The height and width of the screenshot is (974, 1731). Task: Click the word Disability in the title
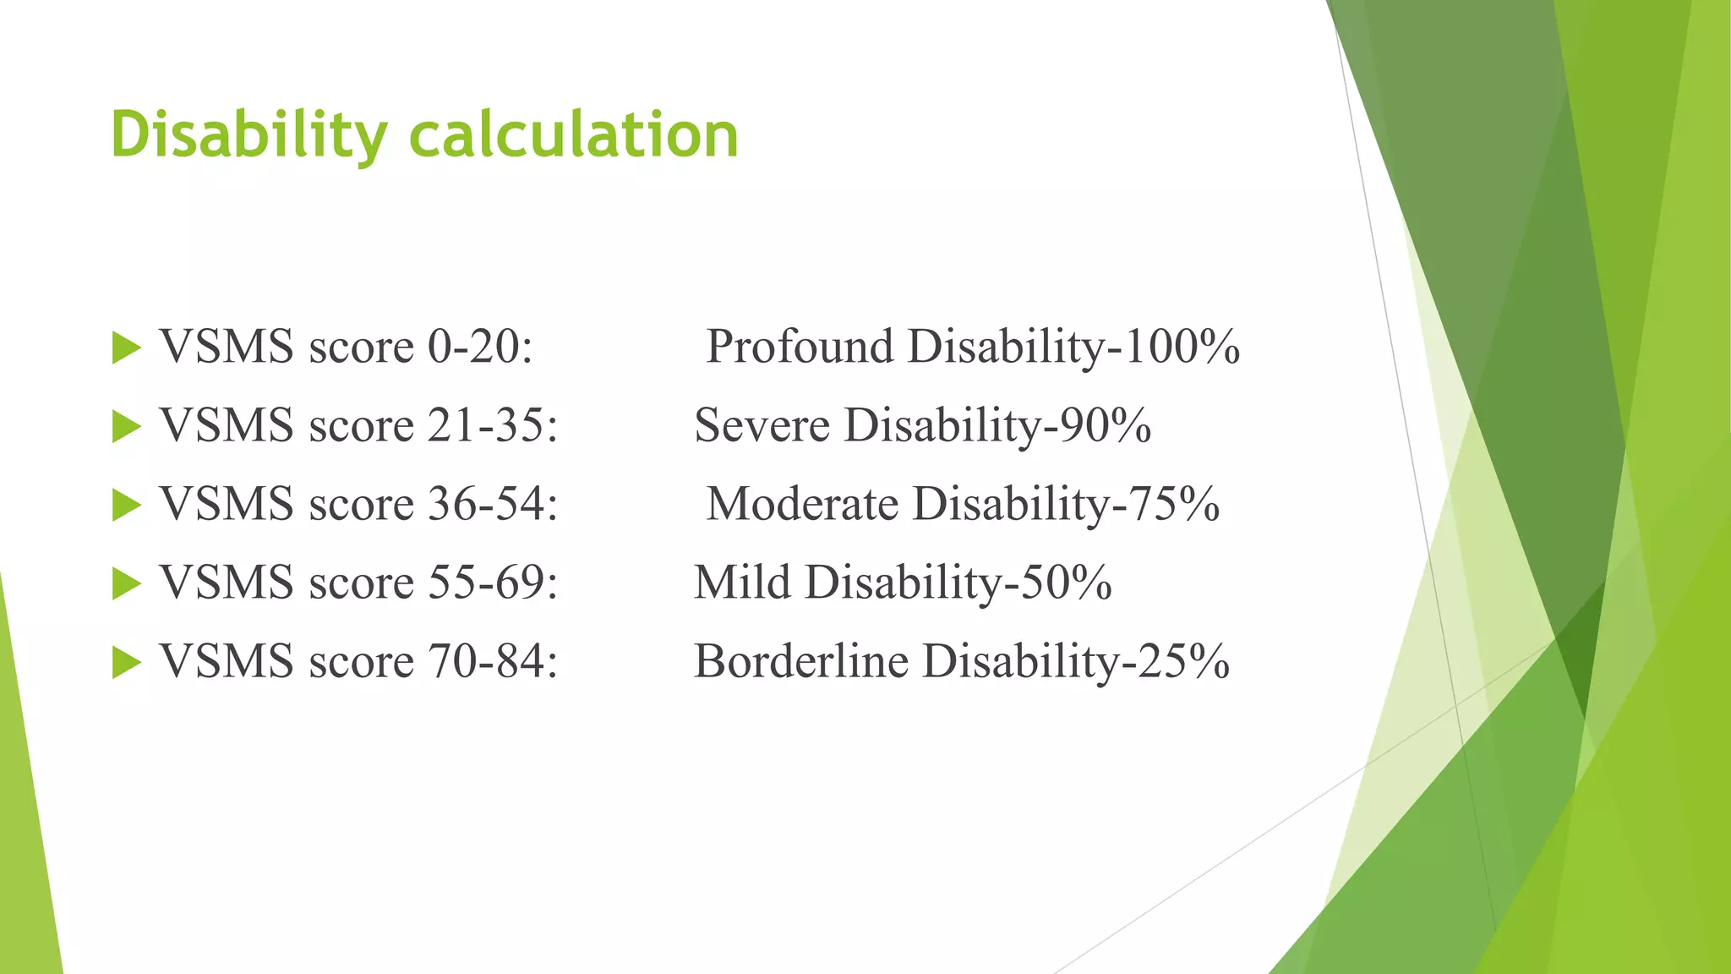pos(248,135)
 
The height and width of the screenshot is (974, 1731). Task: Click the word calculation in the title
pos(574,135)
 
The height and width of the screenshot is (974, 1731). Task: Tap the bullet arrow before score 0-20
pos(126,348)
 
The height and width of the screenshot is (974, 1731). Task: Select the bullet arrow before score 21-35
pos(126,427)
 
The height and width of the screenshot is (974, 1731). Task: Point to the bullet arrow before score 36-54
pos(126,506)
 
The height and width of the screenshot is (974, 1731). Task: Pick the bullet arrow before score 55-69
pos(126,584)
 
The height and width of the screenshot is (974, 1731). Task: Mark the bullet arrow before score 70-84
pos(126,663)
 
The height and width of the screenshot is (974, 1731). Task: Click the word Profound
pos(800,347)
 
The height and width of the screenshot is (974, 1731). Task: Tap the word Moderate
pos(802,504)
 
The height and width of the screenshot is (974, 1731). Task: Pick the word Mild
pos(742,583)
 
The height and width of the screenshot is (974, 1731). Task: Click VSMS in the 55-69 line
pos(227,583)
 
